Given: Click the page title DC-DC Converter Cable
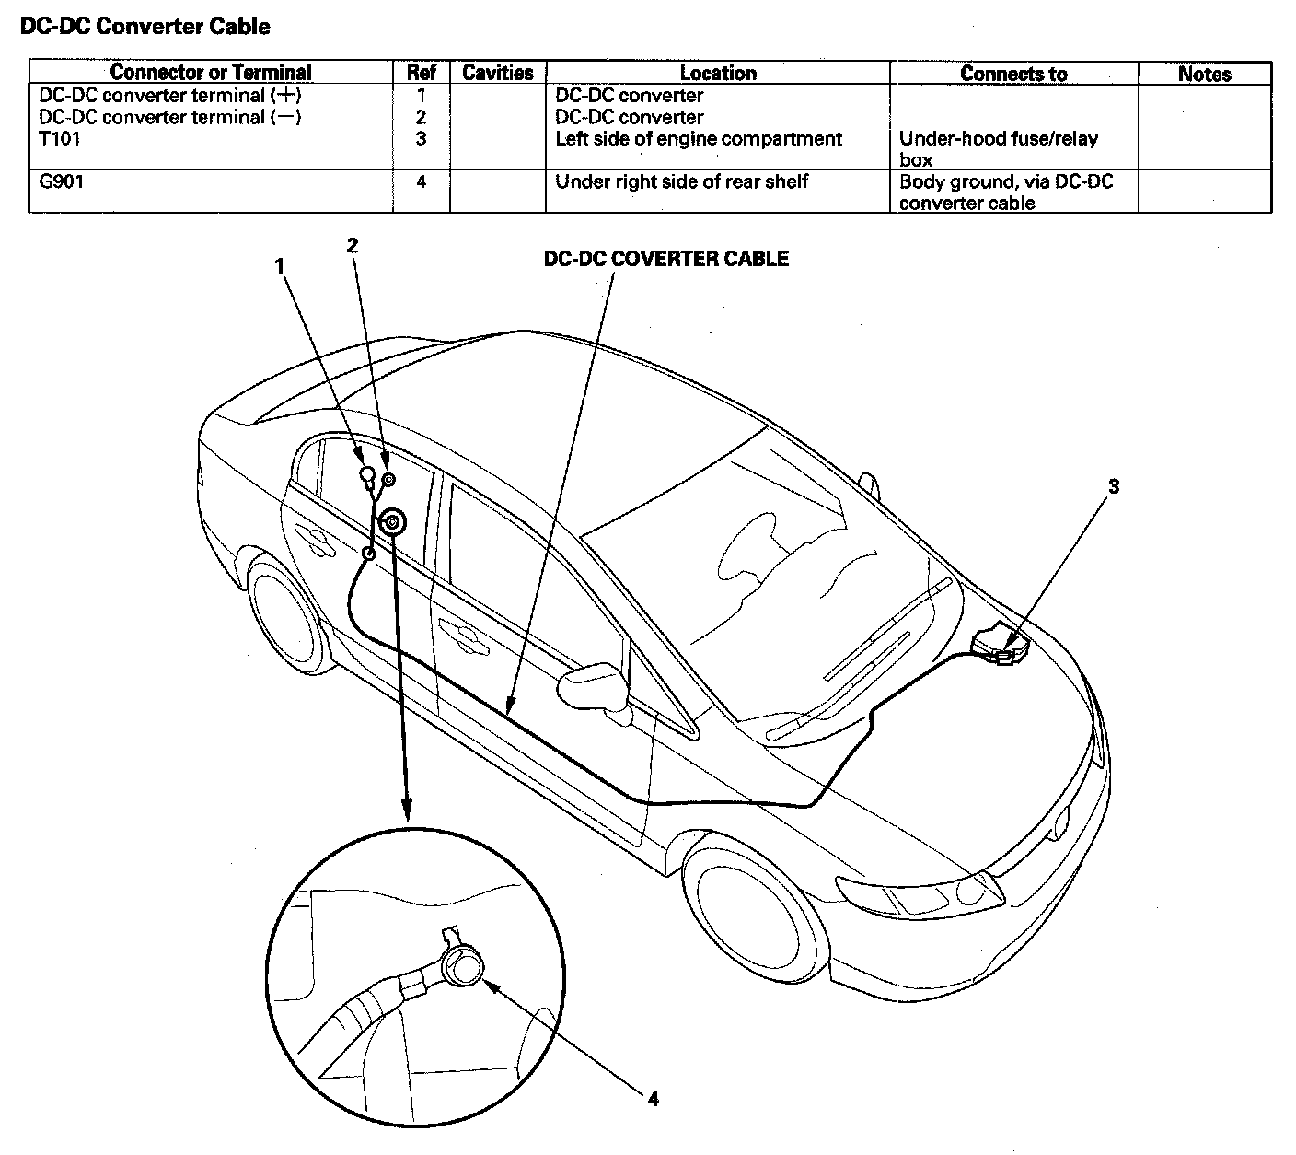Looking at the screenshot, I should click(145, 27).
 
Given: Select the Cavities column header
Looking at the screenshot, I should click(497, 73).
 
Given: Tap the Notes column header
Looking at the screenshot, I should click(1204, 74).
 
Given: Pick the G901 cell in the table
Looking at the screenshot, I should click(61, 181).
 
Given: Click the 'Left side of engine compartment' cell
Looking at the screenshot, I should click(698, 139).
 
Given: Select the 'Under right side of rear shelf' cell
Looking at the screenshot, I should click(681, 181).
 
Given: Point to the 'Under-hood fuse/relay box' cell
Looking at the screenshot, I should click(998, 148).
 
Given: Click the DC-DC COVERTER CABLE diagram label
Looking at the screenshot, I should click(665, 259).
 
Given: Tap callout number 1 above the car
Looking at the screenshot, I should click(280, 265).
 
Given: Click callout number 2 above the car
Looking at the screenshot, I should click(353, 245).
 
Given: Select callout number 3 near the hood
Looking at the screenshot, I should click(1113, 486).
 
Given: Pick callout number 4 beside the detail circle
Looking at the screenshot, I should click(653, 1098).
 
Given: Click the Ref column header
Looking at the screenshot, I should click(421, 73).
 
